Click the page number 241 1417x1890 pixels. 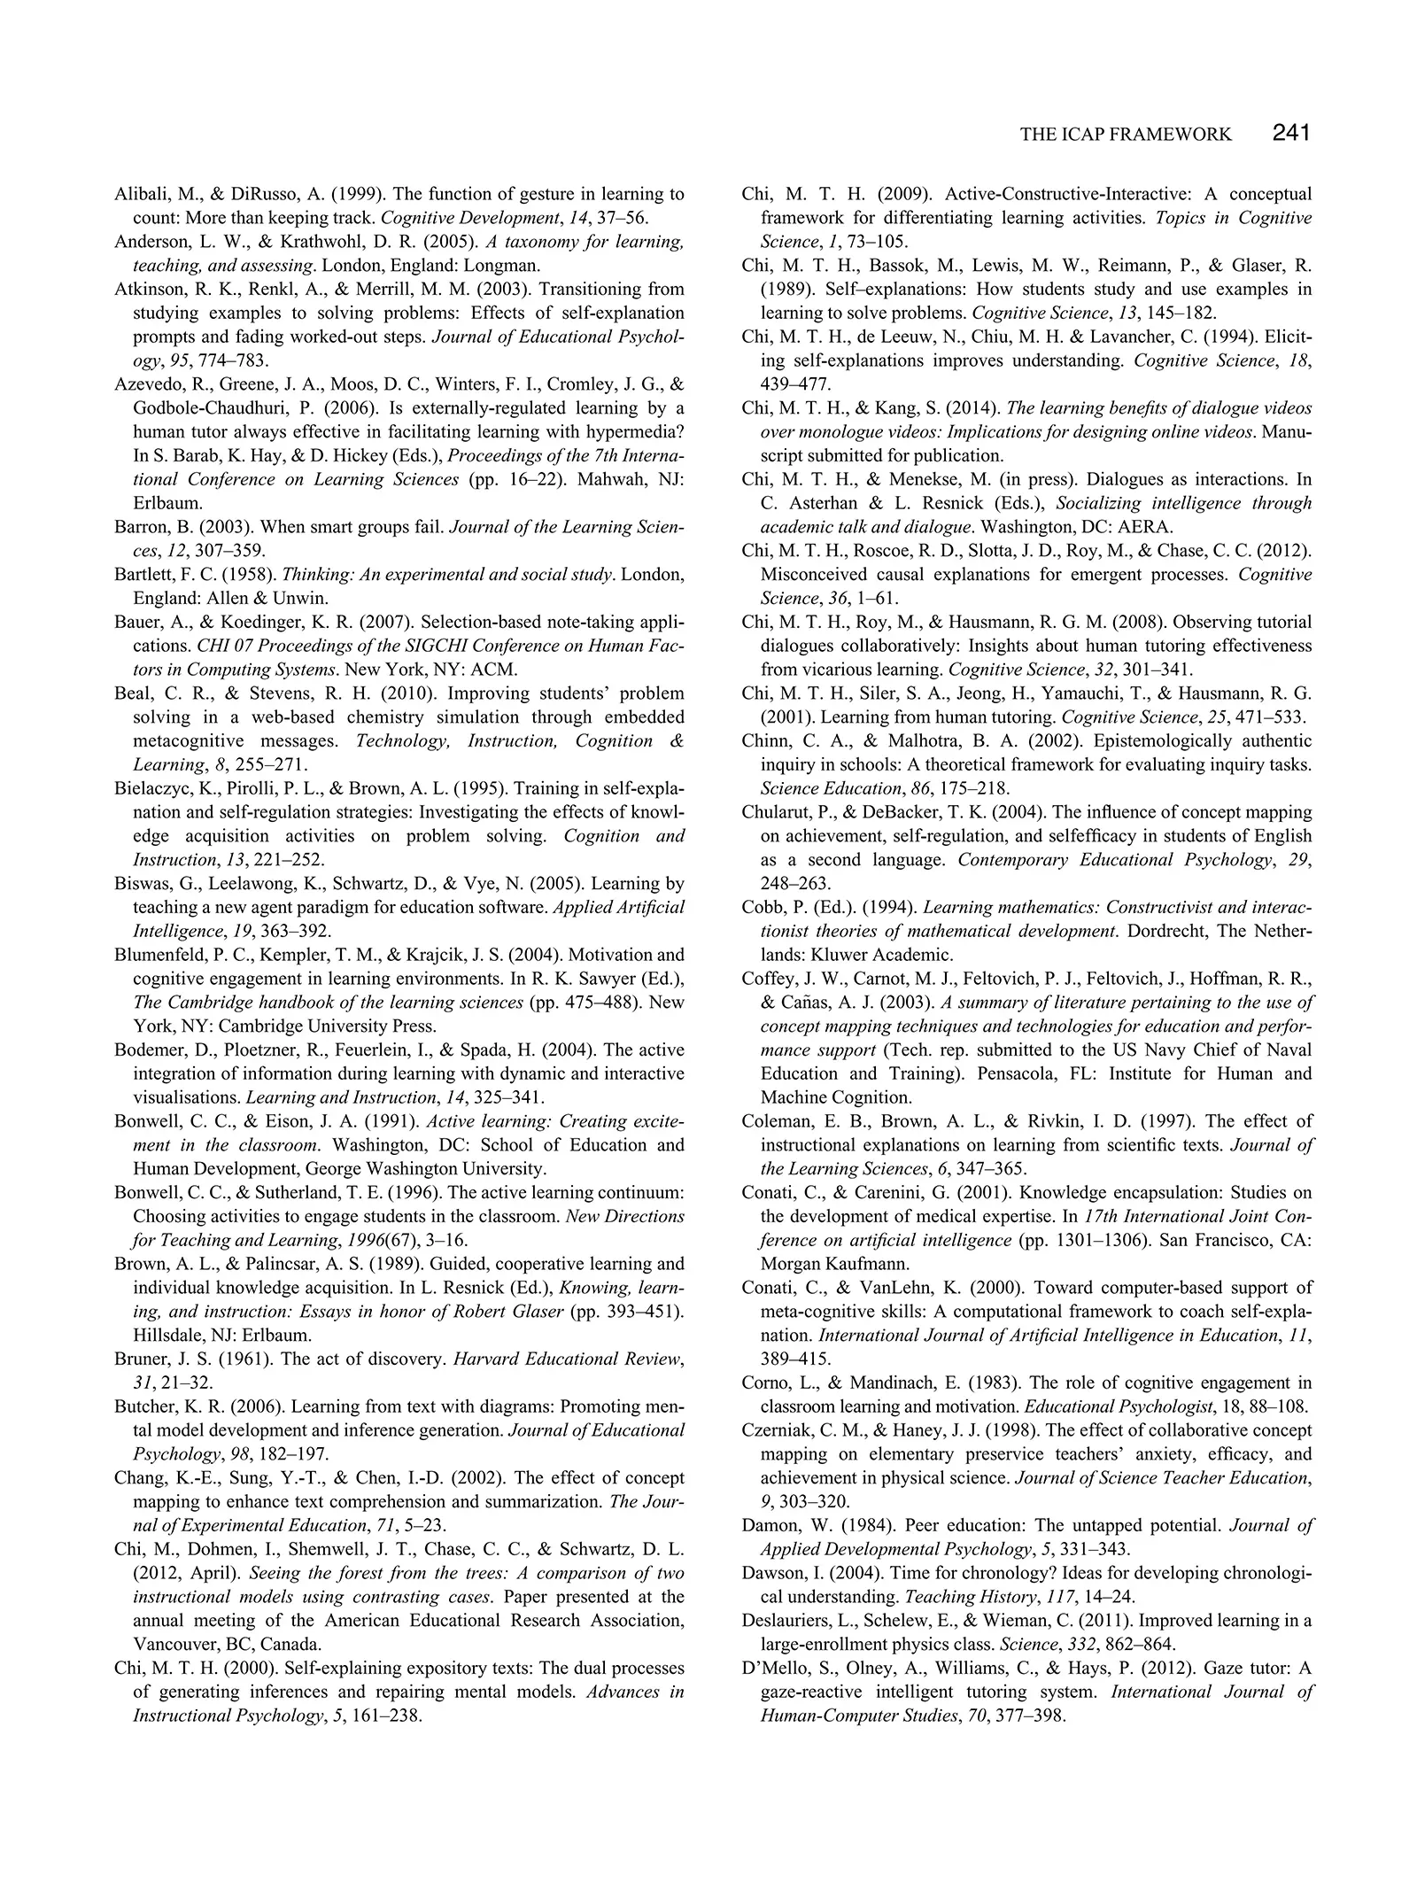(1290, 133)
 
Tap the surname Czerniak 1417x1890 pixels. (779, 1429)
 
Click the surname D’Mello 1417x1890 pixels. (776, 1668)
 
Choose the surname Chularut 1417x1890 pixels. (778, 812)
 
